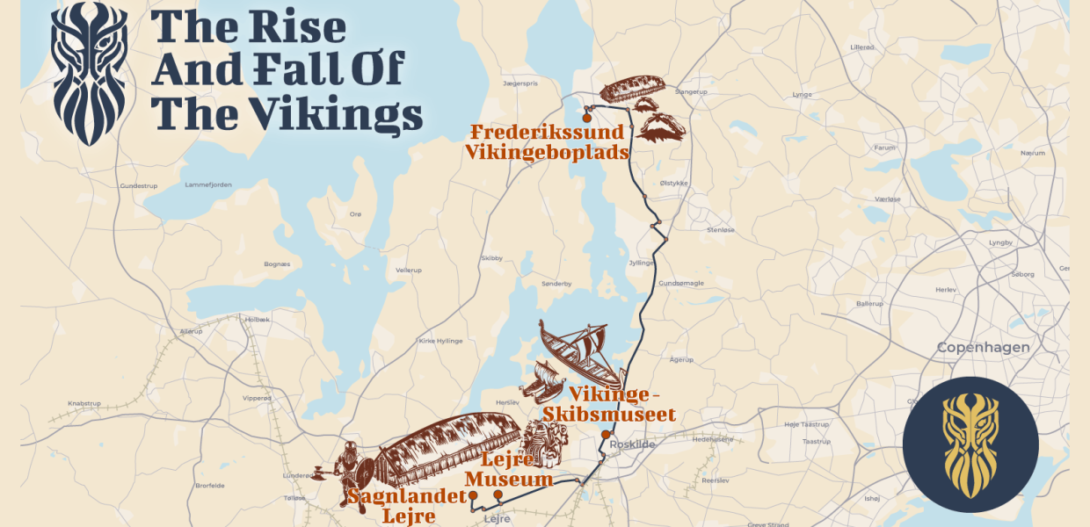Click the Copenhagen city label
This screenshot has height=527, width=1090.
983,347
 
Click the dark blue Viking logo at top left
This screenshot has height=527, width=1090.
89,72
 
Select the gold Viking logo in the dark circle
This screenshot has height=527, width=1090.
970,444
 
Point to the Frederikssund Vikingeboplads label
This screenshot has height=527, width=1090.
548,142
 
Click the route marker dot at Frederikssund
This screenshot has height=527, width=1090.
586,118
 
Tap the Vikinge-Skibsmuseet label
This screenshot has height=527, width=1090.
609,404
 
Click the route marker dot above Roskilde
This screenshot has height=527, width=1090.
606,435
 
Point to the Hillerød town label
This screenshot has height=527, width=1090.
862,47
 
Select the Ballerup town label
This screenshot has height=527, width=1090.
868,303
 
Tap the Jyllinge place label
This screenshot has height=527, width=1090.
641,263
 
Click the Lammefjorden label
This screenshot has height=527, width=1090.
208,184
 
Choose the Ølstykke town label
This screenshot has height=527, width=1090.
672,183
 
